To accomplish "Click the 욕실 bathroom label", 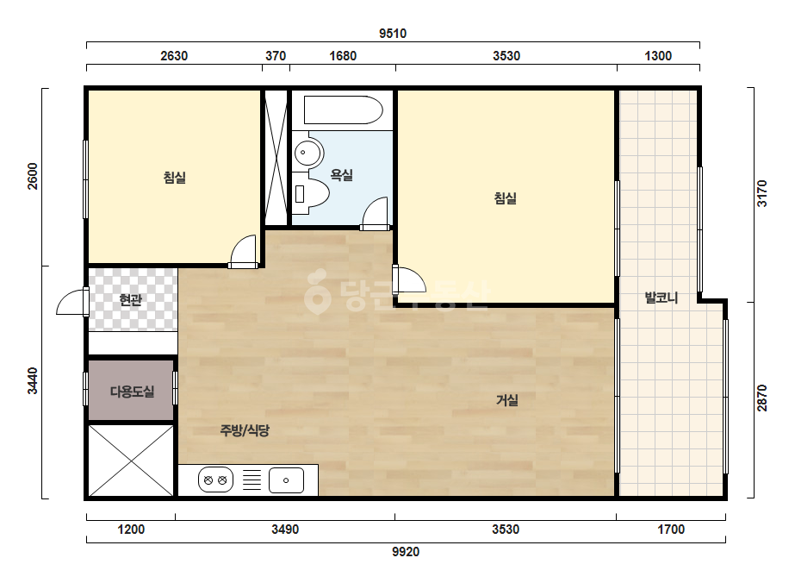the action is [342, 175].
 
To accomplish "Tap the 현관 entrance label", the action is [130, 300].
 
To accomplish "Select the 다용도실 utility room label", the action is [132, 392].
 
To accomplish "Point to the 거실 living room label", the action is [507, 400].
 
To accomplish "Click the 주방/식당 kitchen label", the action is [245, 430].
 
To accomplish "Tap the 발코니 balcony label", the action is [661, 297].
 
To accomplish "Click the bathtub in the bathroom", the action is [344, 110].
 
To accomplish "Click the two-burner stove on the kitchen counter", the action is [215, 480].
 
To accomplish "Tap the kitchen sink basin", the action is [286, 480].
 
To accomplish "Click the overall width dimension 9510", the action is [393, 34].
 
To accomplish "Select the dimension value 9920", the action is [406, 551].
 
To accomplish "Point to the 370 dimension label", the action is [276, 56].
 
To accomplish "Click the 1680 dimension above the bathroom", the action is [344, 56].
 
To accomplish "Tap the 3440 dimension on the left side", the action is [33, 381].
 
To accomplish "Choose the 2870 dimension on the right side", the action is [762, 398].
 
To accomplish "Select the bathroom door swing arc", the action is [376, 213].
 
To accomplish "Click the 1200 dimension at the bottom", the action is [131, 530].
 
